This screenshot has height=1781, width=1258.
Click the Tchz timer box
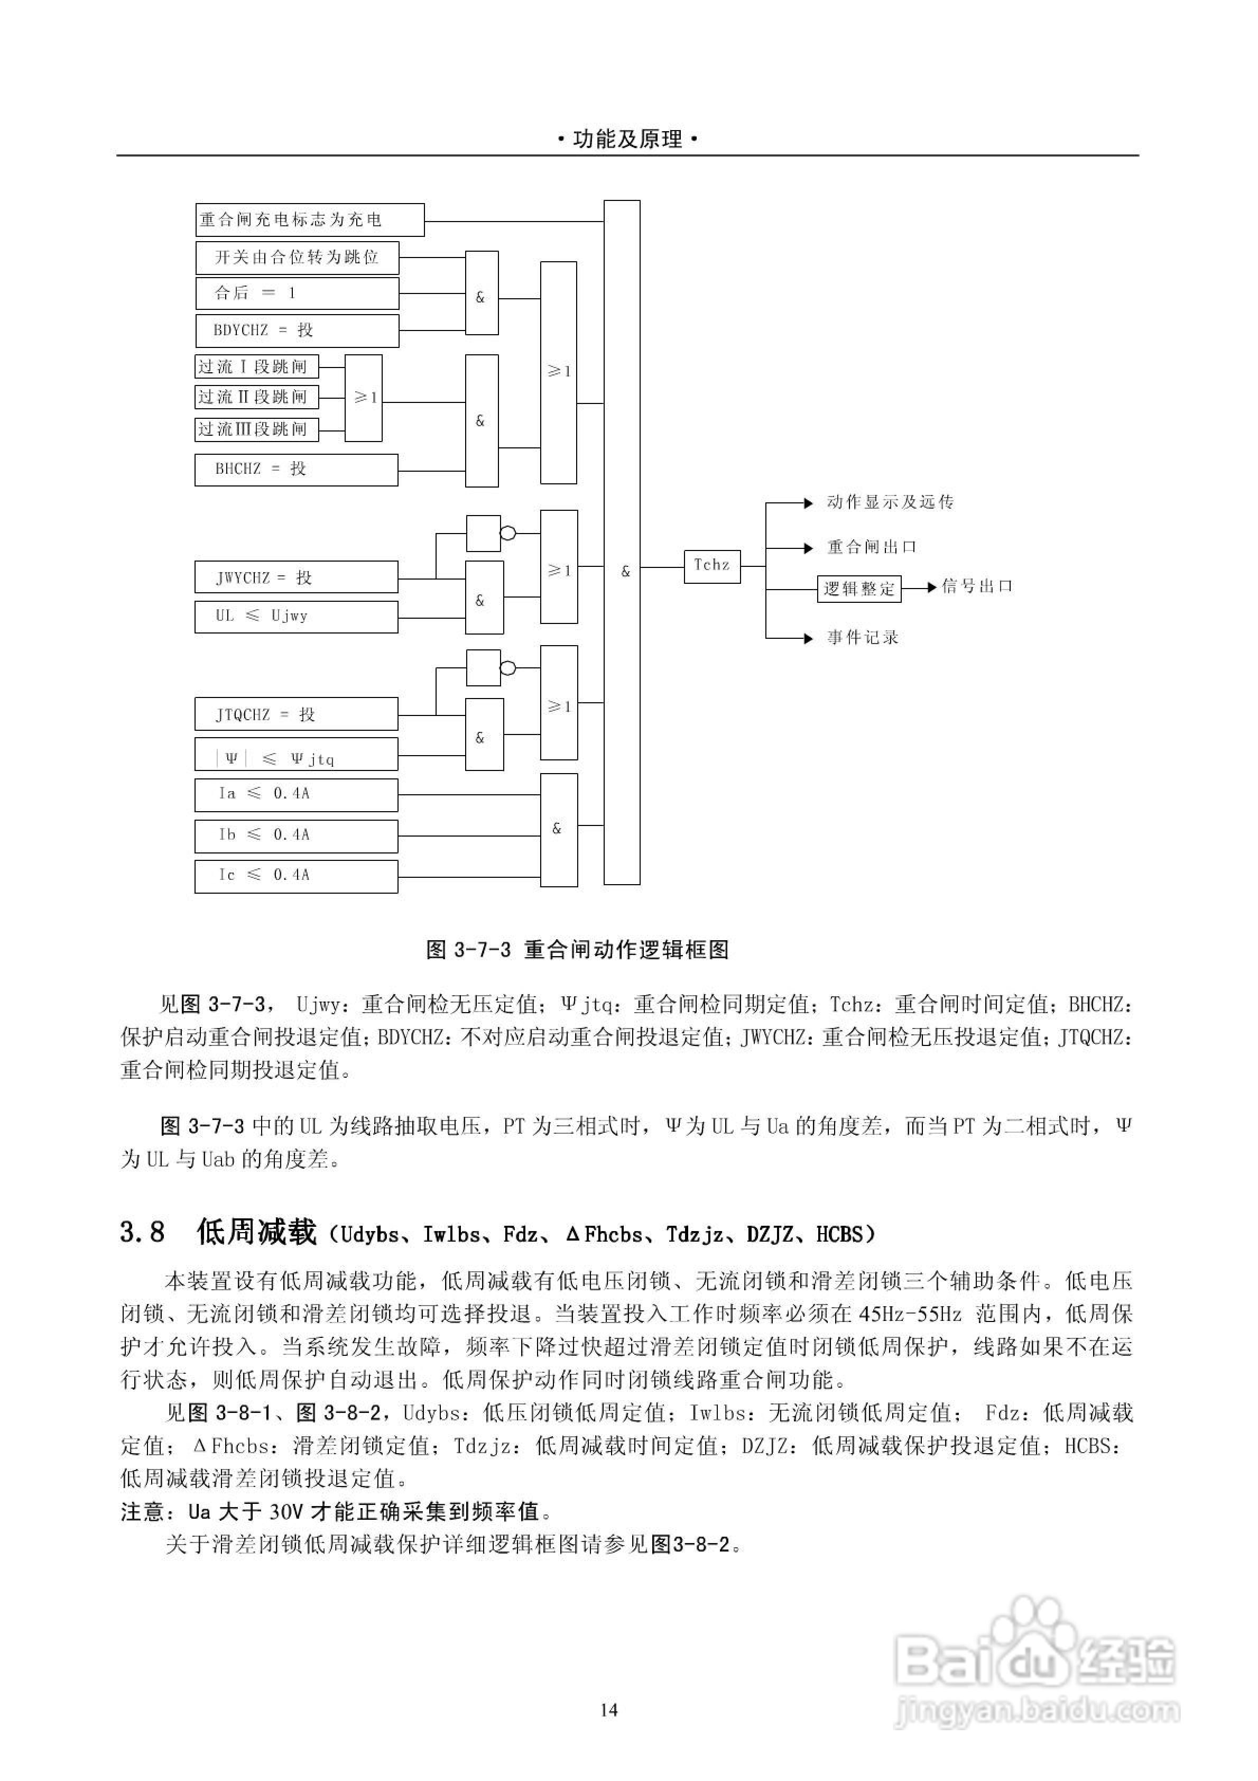(711, 566)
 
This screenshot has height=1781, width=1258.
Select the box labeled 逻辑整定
(858, 589)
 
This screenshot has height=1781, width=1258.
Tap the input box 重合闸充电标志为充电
(309, 219)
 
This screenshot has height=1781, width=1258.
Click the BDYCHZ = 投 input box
(297, 331)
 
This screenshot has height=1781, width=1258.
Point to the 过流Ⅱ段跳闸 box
(256, 397)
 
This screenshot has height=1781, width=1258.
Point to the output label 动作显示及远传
(890, 503)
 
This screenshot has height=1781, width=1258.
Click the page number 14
(609, 1710)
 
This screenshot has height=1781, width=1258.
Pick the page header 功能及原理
(628, 140)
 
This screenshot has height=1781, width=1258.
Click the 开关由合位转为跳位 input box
(297, 258)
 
